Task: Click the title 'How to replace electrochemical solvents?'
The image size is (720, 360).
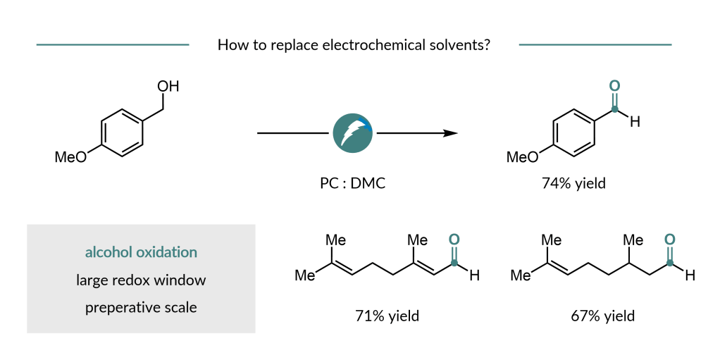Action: (x=354, y=46)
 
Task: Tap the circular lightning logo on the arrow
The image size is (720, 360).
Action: (x=353, y=133)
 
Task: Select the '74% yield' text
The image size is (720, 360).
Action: (x=573, y=184)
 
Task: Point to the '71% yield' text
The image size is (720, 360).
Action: (x=387, y=315)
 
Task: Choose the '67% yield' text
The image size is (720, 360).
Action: (x=602, y=315)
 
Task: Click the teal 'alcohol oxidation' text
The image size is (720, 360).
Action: (x=141, y=252)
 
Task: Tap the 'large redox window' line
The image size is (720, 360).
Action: (x=141, y=280)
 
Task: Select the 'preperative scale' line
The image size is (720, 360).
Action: (x=141, y=308)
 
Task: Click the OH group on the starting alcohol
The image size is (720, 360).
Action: (x=168, y=87)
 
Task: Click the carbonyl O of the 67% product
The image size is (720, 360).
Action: (x=670, y=240)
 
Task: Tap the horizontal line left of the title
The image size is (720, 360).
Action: (x=112, y=45)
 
